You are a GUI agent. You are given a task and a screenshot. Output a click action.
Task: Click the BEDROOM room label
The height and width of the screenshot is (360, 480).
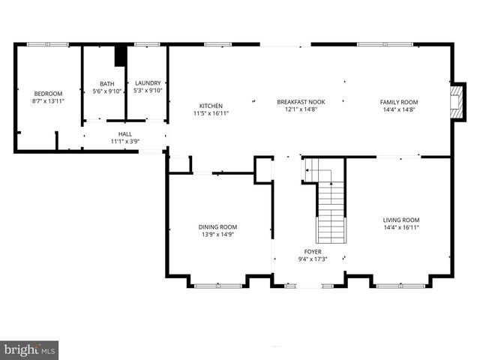tap(47, 93)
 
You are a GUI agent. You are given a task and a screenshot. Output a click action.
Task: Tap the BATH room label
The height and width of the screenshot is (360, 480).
tap(107, 84)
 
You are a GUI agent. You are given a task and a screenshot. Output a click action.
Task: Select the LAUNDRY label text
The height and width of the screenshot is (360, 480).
tap(148, 84)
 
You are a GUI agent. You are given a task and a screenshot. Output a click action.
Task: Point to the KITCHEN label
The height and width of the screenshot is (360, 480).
tap(211, 106)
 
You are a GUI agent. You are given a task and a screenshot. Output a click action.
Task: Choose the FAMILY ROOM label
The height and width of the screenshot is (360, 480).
tap(398, 102)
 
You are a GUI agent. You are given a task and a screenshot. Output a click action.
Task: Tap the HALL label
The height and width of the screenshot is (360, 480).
tap(125, 133)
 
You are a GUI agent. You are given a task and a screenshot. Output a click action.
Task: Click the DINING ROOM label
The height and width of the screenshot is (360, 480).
tap(217, 226)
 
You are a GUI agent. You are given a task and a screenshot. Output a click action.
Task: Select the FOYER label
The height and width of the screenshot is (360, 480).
tap(313, 252)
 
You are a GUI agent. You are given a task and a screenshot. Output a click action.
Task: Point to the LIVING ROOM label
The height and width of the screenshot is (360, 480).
tap(401, 219)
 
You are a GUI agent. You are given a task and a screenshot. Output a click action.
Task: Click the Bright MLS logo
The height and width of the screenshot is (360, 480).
tap(30, 349)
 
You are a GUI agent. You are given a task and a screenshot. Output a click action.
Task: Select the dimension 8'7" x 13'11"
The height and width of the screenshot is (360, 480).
tap(47, 100)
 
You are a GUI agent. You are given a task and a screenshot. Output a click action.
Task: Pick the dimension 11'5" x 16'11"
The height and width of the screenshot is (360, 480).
tap(211, 113)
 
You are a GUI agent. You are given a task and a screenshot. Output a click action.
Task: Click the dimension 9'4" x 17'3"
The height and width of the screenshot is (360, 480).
tap(313, 259)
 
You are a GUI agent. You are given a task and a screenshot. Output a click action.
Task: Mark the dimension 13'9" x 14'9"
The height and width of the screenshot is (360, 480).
tap(217, 234)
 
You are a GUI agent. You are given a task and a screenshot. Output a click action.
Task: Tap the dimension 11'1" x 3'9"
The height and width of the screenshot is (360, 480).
tap(125, 141)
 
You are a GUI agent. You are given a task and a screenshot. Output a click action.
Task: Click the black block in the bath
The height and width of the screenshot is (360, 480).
tap(118, 58)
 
